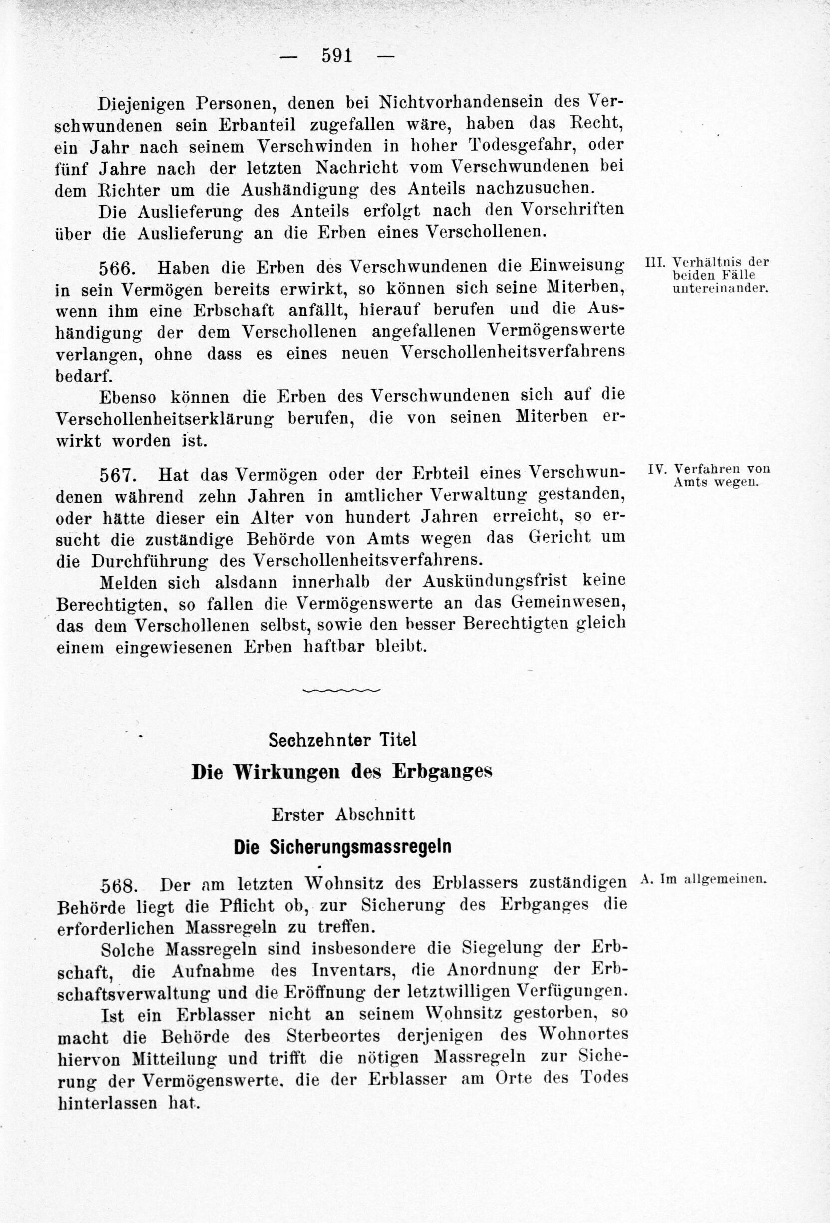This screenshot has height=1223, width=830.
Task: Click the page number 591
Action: coord(337,56)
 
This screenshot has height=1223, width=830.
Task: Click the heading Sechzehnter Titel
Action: coord(342,740)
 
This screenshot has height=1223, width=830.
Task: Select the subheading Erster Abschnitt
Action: coord(343,814)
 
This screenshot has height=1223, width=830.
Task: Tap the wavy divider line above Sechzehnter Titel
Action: coord(341,690)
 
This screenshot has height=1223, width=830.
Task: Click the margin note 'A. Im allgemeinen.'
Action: coord(704,878)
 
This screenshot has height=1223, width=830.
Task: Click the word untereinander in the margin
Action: coord(721,288)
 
